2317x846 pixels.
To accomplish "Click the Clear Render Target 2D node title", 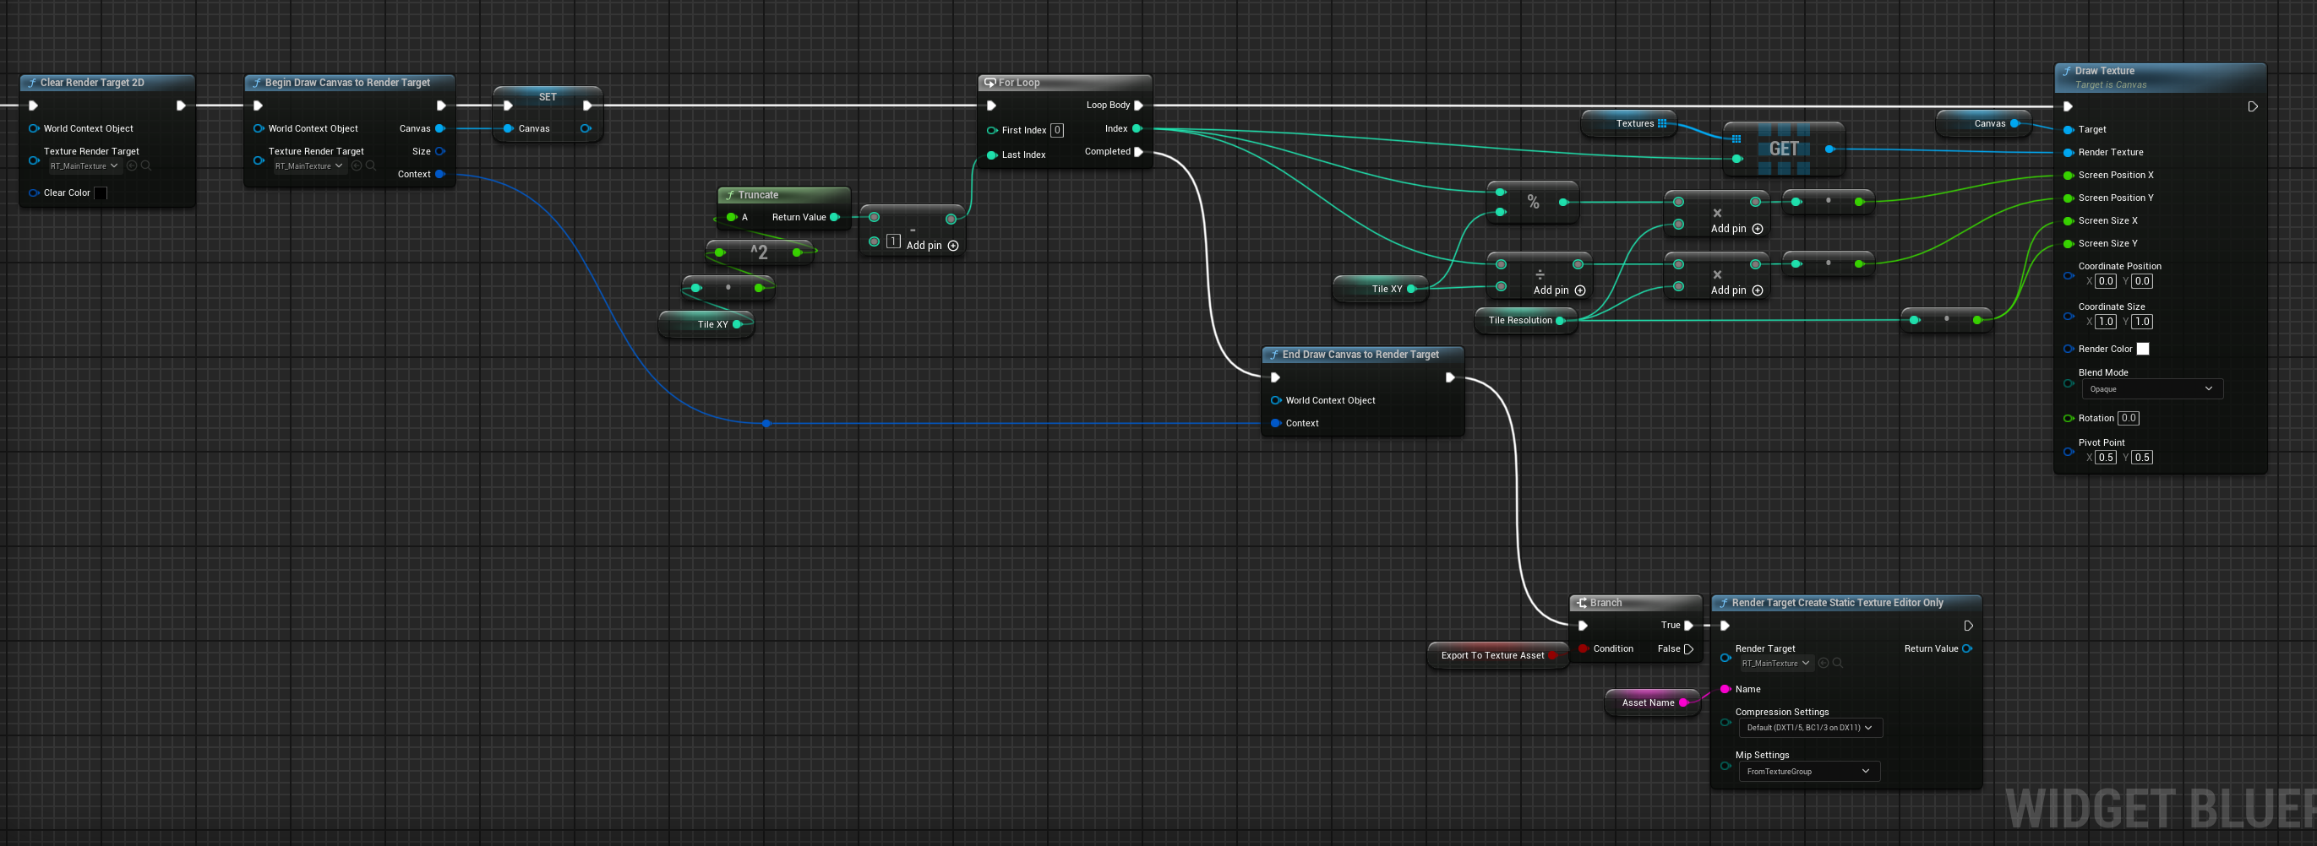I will [x=92, y=83].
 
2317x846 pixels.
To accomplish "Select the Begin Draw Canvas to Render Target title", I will [x=347, y=83].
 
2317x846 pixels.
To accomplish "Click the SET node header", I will [x=548, y=97].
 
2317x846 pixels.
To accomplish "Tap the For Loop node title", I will [x=1019, y=83].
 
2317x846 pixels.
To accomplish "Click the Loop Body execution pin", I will [x=1139, y=106].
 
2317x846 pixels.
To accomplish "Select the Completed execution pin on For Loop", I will [x=1139, y=152].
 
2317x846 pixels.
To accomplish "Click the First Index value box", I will [x=1057, y=130].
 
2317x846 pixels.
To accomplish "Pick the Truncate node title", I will [x=758, y=195].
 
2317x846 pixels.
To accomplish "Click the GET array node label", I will [x=1784, y=149].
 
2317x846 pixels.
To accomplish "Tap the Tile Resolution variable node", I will [x=1520, y=321].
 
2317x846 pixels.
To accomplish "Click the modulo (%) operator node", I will [x=1533, y=203].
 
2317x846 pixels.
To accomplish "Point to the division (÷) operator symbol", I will [x=1540, y=274].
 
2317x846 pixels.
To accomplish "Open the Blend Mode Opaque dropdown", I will [x=2151, y=389].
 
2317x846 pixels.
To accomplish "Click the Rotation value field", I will [x=2128, y=418].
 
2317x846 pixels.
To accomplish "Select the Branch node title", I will [x=1606, y=603].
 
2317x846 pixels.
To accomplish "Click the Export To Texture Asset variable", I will [x=1492, y=655].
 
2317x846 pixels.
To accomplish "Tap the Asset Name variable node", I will [x=1648, y=703].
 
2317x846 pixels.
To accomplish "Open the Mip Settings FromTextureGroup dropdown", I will [x=1808, y=772].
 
